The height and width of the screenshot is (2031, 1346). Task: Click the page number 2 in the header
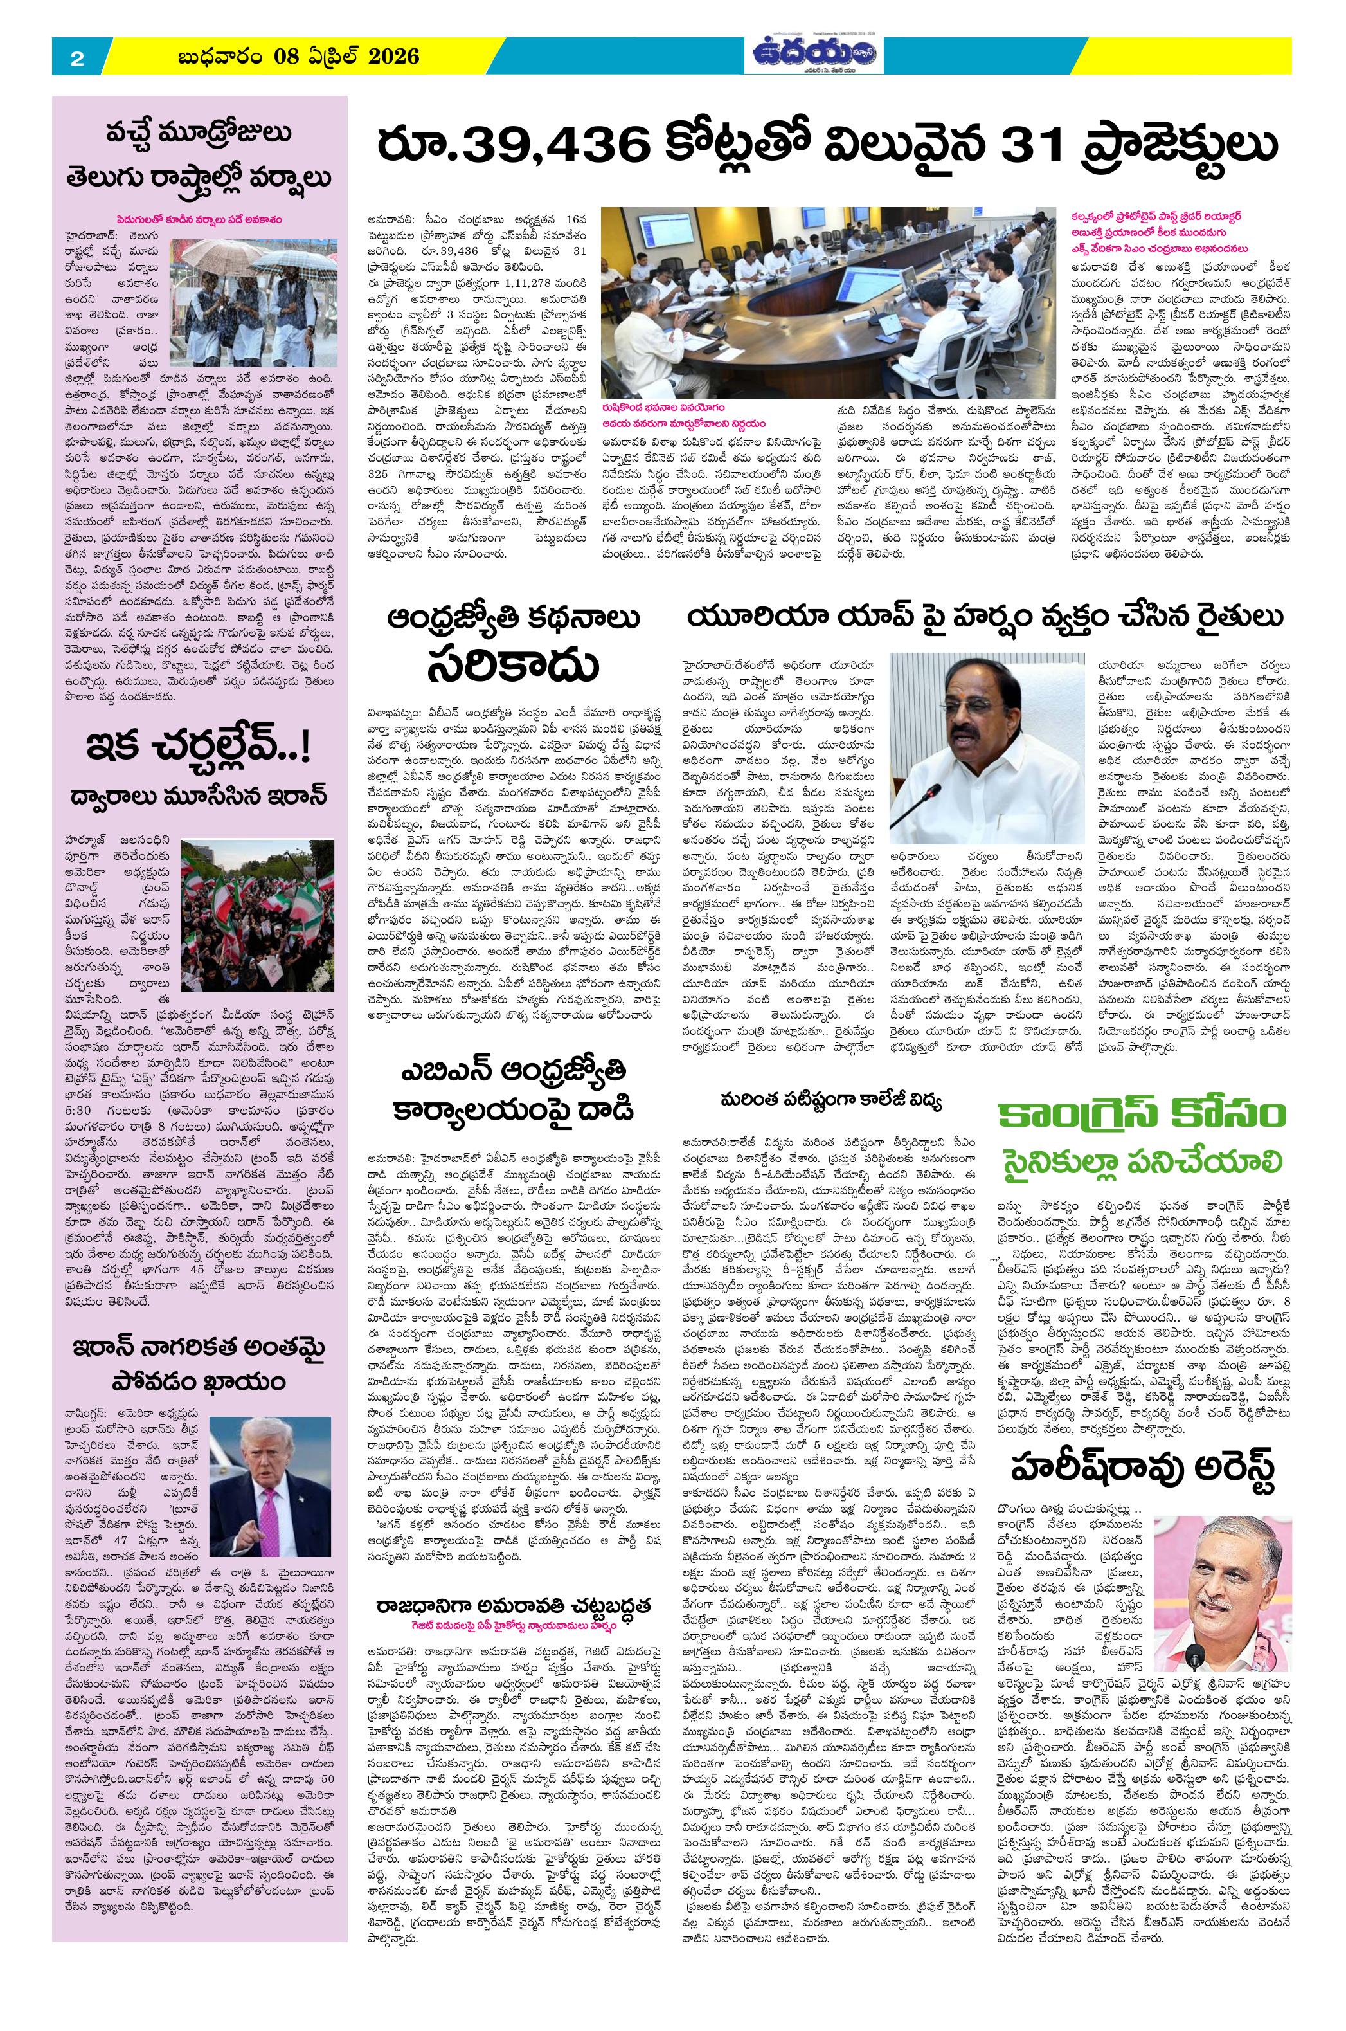click(x=76, y=59)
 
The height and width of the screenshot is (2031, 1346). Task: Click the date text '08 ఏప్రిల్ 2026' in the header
click(x=347, y=57)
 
